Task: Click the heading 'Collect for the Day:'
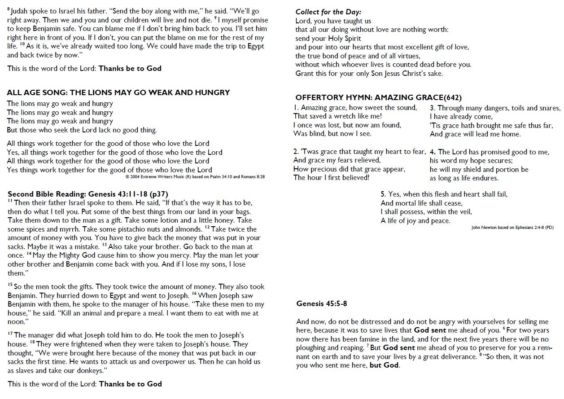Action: [x=328, y=12]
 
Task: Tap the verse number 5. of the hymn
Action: [x=383, y=194]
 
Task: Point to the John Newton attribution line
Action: [x=512, y=228]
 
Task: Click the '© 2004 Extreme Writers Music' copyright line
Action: [x=195, y=177]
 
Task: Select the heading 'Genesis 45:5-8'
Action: [x=322, y=304]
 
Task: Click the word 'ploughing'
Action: [x=314, y=348]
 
